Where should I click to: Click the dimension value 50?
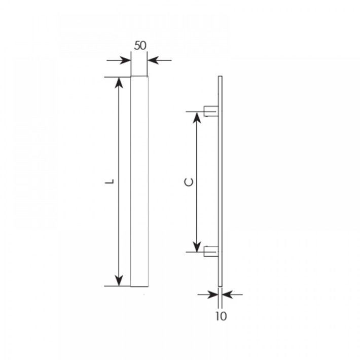click(x=140, y=46)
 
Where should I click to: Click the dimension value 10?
click(x=221, y=316)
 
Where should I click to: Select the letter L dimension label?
click(x=110, y=182)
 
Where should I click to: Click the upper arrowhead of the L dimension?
click(x=119, y=83)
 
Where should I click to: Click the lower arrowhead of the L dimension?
click(x=119, y=280)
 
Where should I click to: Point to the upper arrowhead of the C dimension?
click(x=196, y=118)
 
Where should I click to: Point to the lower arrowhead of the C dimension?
click(x=196, y=246)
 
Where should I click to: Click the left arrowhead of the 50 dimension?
click(x=125, y=60)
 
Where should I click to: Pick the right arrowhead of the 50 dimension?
click(x=153, y=60)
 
